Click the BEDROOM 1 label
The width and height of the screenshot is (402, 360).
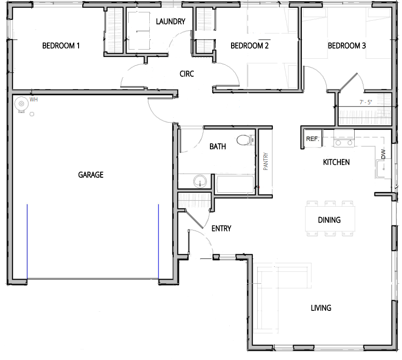61,46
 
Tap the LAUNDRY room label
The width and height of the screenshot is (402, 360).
170,22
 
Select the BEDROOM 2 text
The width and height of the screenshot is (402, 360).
249,46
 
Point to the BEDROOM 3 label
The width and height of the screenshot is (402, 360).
346,46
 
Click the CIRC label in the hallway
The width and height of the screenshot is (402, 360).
187,74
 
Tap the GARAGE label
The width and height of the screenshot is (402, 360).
91,175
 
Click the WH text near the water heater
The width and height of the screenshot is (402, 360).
34,100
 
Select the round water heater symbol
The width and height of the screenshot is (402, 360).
22,104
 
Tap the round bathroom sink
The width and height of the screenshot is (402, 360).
200,182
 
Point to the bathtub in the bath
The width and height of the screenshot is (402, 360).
235,184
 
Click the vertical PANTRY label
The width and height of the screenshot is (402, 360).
266,162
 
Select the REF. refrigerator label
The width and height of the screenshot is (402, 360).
312,139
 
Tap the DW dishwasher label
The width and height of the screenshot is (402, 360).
383,154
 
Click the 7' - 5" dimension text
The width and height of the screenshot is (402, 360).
366,102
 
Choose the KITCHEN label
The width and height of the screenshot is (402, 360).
336,162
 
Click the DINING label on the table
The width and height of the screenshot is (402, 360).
329,220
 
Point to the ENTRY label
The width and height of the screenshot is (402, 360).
221,229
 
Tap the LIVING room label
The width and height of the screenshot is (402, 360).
321,308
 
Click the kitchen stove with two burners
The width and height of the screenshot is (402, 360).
344,138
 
